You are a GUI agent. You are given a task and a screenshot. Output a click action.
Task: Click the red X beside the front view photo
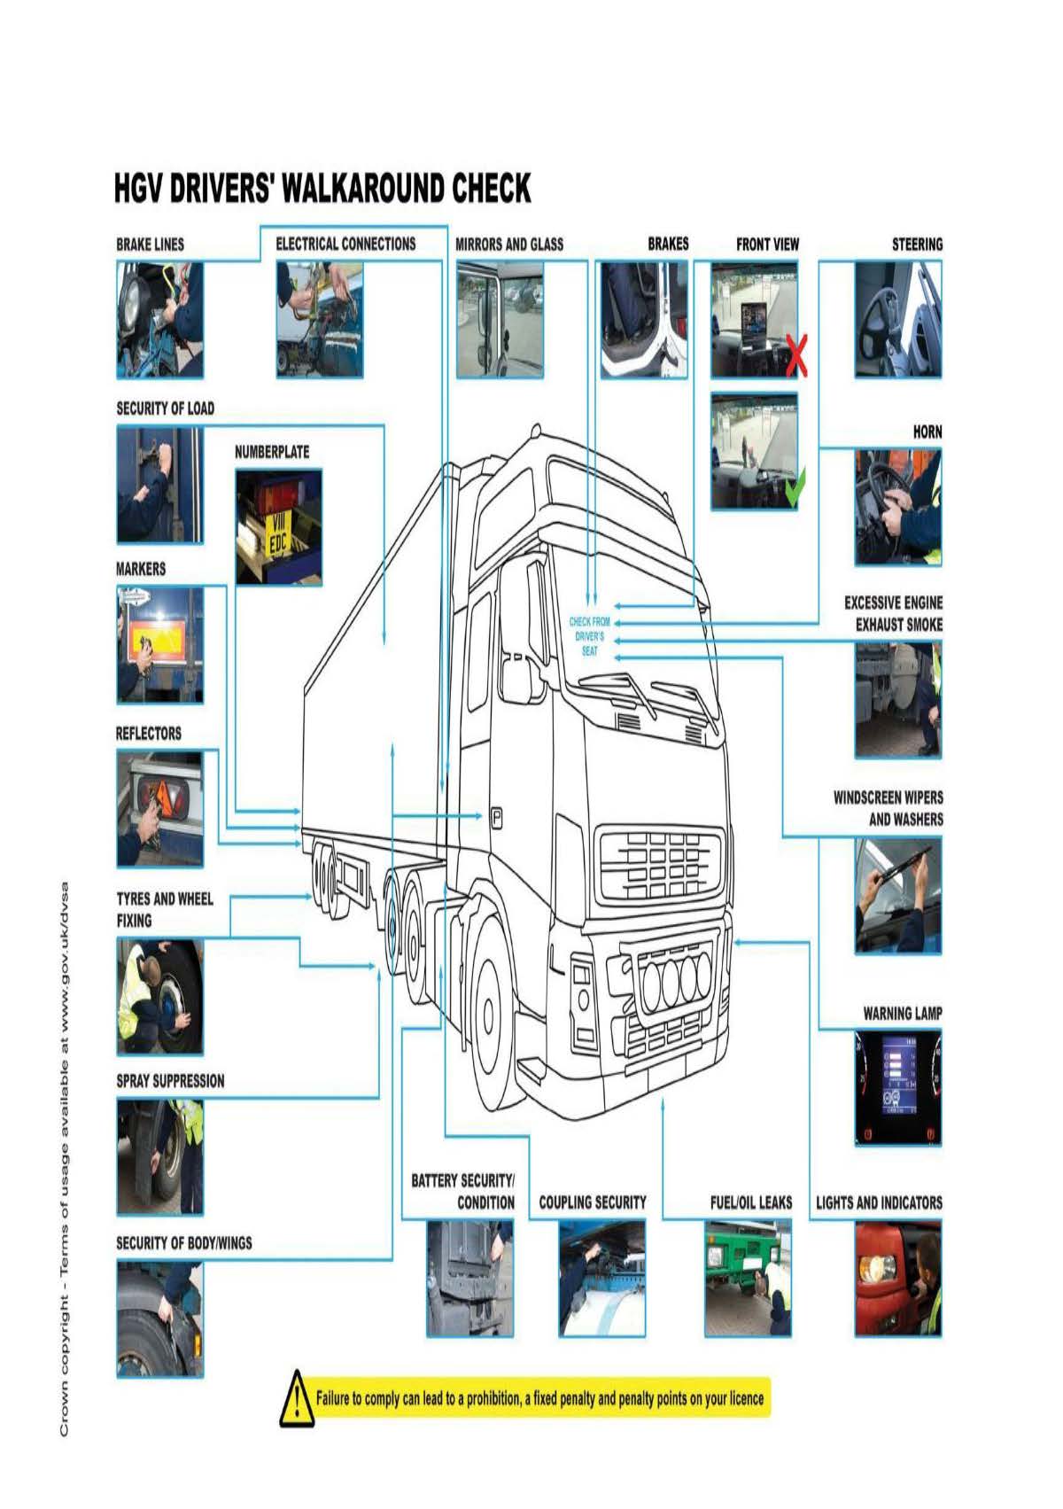point(795,355)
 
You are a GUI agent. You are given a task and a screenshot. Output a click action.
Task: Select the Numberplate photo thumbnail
point(278,526)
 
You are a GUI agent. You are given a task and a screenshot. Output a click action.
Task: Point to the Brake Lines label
point(151,245)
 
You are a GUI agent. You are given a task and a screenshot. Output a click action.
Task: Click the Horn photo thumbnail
point(897,507)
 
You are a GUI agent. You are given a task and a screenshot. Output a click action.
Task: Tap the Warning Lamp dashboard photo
point(897,1088)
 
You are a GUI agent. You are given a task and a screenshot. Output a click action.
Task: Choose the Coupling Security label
point(593,1202)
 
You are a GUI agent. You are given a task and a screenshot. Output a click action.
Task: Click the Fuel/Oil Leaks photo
point(748,1278)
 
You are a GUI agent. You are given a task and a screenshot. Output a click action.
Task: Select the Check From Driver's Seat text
point(589,636)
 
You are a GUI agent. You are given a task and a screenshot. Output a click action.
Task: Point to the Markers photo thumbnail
point(159,644)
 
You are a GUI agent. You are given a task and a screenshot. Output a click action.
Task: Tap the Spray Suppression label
point(170,1081)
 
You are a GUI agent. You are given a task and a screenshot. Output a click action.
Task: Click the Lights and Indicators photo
point(897,1278)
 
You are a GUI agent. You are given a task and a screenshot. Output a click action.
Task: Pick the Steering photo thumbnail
point(897,319)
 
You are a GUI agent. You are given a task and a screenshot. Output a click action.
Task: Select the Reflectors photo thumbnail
point(159,808)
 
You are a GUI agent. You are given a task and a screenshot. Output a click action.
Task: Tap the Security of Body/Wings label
point(184,1243)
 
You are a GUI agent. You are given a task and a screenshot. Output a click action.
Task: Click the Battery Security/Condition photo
point(469,1278)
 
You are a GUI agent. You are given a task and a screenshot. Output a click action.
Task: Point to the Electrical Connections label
point(345,245)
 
